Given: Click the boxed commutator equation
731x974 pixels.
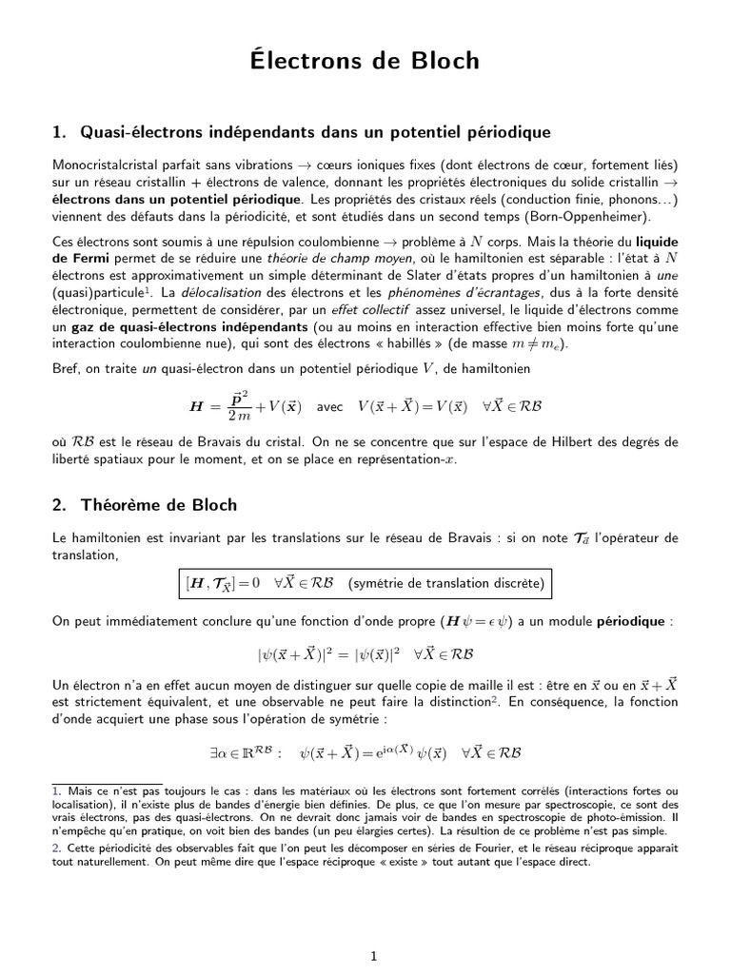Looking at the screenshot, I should (365, 582).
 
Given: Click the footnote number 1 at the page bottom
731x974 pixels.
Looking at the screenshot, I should (56, 790).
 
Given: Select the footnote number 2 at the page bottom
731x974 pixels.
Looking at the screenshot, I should (56, 848).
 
